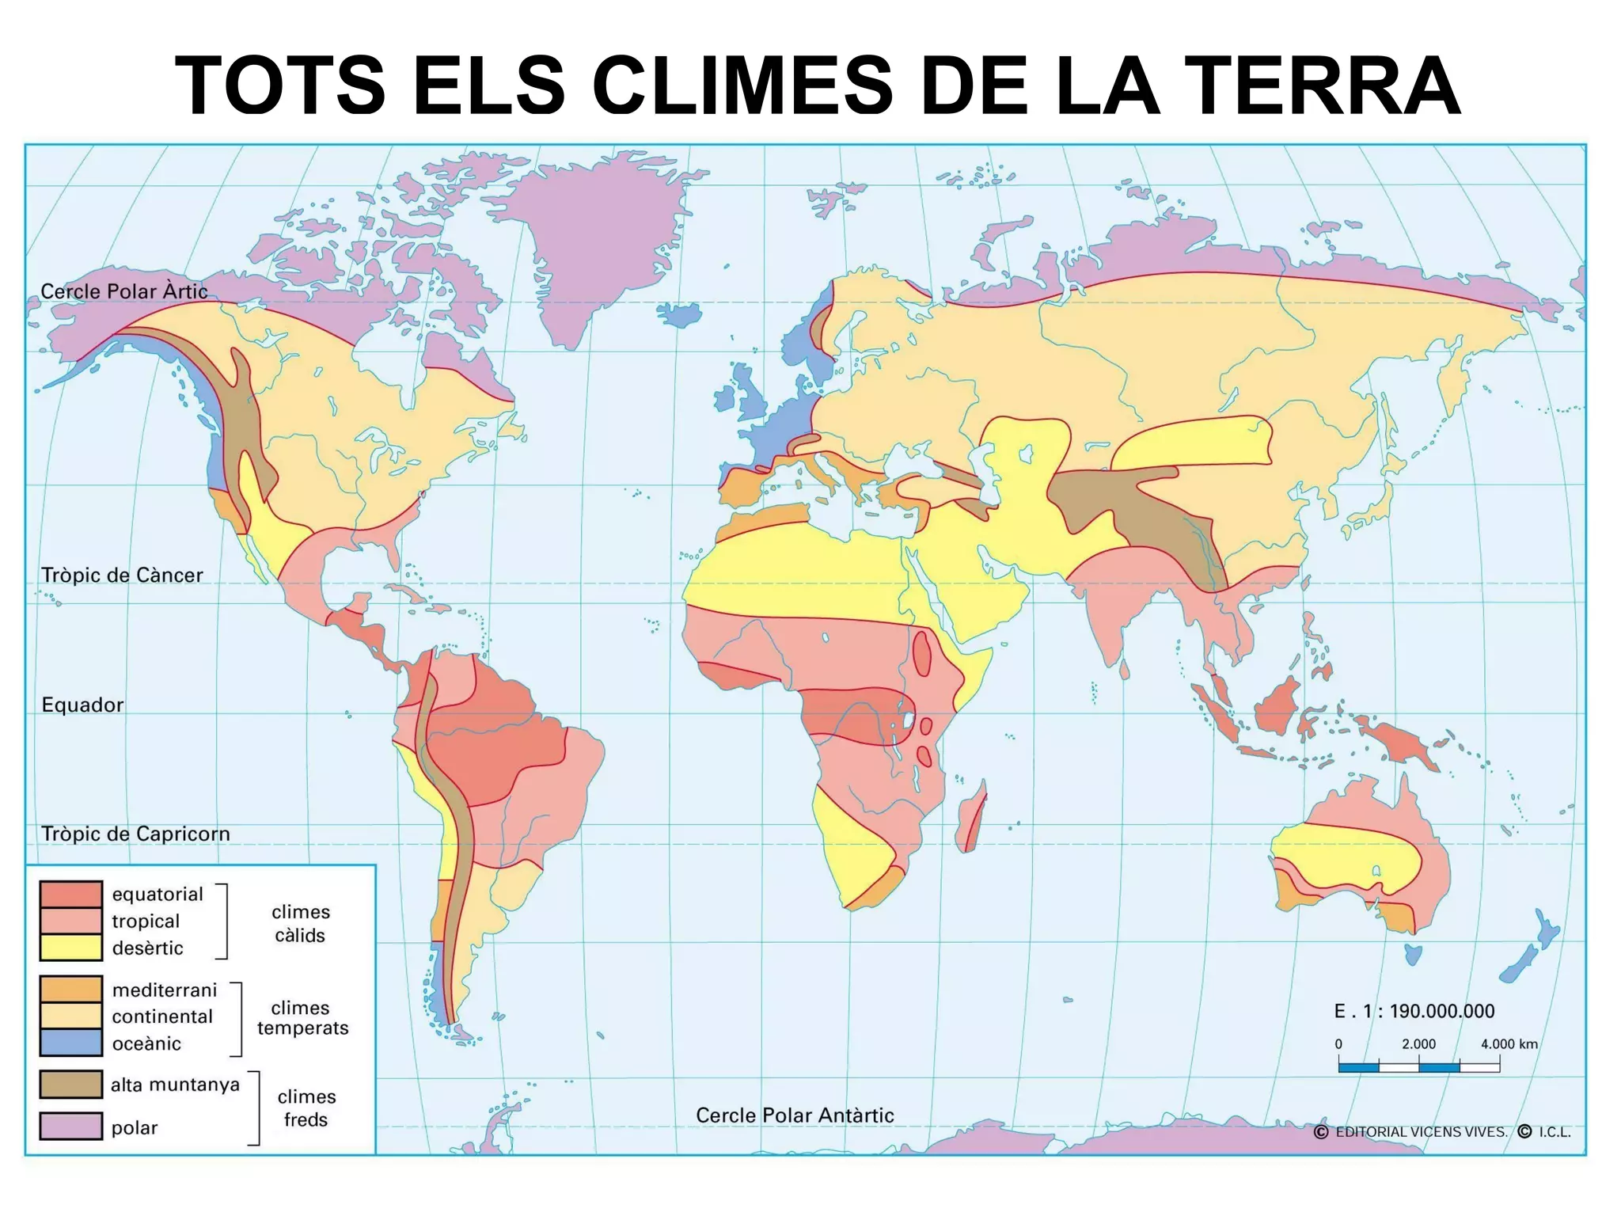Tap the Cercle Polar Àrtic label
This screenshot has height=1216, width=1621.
pyautogui.click(x=124, y=291)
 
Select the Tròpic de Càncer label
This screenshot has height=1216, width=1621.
pyautogui.click(x=122, y=575)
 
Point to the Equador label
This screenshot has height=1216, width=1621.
pyautogui.click(x=82, y=705)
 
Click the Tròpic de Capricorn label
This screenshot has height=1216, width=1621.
pyautogui.click(x=135, y=834)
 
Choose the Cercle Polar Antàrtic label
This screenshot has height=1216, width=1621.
pyautogui.click(x=795, y=1115)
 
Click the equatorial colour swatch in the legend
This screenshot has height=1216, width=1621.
pyautogui.click(x=71, y=895)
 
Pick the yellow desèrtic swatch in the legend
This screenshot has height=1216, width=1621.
pyautogui.click(x=71, y=948)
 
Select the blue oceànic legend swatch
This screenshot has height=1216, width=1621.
pyautogui.click(x=71, y=1043)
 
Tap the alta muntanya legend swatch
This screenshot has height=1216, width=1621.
pyautogui.click(x=71, y=1085)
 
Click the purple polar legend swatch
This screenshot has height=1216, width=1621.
pyautogui.click(x=71, y=1126)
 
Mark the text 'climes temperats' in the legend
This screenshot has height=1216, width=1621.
pyautogui.click(x=302, y=1018)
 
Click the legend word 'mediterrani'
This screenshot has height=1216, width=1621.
pyautogui.click(x=165, y=990)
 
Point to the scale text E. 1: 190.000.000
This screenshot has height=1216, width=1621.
pyautogui.click(x=1414, y=1011)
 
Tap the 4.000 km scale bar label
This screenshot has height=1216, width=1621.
pyautogui.click(x=1509, y=1043)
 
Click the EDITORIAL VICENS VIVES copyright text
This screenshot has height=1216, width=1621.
pyautogui.click(x=1421, y=1132)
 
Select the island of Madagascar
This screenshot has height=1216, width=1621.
pyautogui.click(x=972, y=818)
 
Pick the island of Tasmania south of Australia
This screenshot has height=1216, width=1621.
pyautogui.click(x=1413, y=954)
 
